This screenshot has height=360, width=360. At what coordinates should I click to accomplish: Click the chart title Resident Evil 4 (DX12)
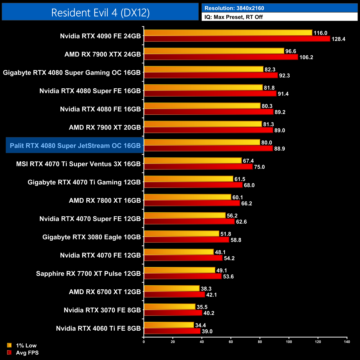100,13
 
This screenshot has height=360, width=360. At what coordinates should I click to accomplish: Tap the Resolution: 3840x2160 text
234,8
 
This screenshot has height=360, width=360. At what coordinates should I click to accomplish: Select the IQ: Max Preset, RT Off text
233,17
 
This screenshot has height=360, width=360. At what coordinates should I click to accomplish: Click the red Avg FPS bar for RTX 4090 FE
237,39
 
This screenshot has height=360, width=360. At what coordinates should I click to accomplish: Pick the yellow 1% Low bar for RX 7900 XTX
214,51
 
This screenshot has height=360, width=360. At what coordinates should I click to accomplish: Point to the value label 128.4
338,39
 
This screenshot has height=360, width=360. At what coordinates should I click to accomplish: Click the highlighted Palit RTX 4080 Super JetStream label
75,146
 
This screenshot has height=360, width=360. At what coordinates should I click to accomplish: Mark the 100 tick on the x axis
289,342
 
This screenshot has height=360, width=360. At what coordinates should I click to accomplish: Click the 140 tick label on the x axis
347,342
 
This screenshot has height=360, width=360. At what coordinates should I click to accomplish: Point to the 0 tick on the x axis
144,342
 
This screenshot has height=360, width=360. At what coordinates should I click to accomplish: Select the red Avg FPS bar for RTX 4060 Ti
172,331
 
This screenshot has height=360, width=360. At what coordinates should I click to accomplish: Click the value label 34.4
200,325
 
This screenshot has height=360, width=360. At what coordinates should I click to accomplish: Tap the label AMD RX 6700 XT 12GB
105,292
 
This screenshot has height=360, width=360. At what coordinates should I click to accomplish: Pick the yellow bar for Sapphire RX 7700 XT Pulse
179,270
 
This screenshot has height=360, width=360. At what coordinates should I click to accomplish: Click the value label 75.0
259,167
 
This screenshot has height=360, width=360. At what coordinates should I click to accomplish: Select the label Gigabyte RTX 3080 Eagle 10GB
92,237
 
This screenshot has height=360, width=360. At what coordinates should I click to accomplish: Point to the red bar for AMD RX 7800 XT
192,203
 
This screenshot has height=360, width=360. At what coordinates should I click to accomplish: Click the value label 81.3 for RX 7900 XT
269,124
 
